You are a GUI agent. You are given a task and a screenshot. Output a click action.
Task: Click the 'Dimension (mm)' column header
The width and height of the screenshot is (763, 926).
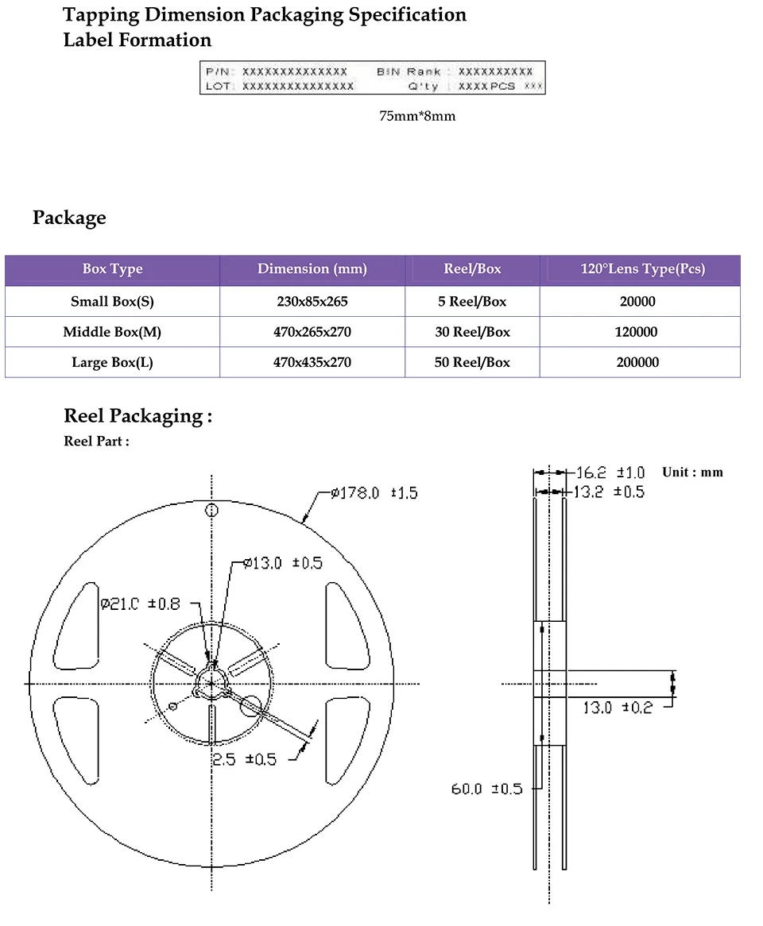[312, 269]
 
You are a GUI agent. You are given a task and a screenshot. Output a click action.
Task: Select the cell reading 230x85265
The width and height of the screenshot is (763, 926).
[312, 302]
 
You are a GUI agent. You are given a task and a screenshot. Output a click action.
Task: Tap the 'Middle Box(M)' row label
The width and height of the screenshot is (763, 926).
[112, 332]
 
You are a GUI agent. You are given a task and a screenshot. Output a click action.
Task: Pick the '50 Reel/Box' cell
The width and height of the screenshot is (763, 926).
[472, 362]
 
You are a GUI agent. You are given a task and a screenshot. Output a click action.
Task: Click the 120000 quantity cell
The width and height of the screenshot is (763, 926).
[637, 332]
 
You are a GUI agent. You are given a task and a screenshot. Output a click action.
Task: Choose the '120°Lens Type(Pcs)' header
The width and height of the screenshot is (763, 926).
[642, 269]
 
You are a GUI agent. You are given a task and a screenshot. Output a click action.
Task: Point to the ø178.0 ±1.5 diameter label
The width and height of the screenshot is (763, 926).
[374, 493]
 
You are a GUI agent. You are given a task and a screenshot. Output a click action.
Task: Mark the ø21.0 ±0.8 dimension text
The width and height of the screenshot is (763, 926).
[140, 604]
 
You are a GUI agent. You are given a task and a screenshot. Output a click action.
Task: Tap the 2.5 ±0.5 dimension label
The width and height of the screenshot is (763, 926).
[244, 759]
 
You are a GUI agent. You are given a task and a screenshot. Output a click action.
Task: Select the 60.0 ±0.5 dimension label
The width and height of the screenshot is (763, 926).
[486, 789]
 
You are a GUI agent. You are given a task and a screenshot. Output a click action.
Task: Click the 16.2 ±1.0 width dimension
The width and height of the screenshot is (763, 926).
[610, 473]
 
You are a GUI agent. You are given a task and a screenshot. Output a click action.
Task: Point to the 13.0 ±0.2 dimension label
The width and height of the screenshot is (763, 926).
[617, 708]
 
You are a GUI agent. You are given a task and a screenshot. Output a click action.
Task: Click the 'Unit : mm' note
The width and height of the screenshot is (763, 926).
[692, 472]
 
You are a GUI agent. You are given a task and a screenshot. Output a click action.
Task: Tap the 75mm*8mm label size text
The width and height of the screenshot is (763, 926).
[417, 117]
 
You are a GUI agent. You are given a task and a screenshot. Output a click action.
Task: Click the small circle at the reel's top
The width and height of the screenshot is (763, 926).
[211, 510]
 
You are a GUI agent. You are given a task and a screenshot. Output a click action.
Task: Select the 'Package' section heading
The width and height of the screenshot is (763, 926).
[69, 218]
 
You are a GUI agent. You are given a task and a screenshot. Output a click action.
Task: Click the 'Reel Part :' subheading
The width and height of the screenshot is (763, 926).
[96, 442]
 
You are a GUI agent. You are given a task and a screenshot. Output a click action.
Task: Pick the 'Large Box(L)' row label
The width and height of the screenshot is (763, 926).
[112, 362]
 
